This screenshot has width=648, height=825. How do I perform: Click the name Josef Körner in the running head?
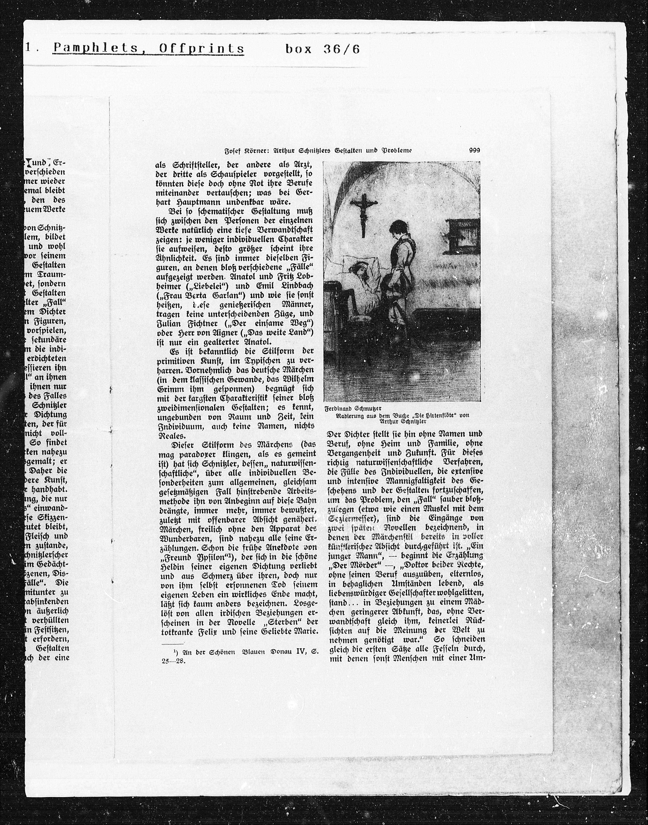[247, 151]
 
